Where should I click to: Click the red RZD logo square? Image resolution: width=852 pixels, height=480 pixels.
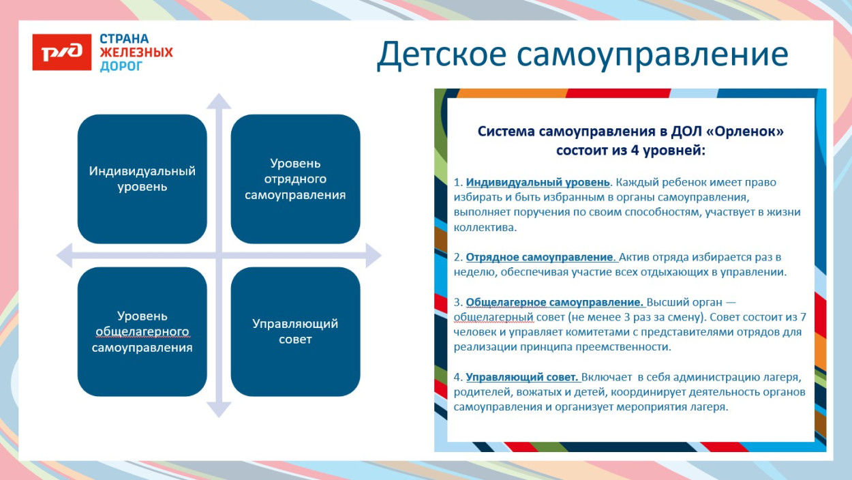coord(61,52)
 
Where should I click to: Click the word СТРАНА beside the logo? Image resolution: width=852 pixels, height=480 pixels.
coord(124,39)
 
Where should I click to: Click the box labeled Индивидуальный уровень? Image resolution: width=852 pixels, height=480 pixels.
coord(142,179)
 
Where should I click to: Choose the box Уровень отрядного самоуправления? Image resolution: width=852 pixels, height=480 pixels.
coord(295,179)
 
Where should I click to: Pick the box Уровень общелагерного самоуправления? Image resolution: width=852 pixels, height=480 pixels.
coord(142,331)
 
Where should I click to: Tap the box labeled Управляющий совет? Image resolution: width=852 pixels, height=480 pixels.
coord(295,331)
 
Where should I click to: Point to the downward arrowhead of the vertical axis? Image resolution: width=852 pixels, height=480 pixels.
coord(219,409)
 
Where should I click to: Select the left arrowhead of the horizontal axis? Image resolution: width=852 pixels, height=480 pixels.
coord(64,256)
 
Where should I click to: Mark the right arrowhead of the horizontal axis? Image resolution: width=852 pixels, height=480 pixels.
coord(372,256)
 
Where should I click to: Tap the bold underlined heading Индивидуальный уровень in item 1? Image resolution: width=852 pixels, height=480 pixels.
coord(538,183)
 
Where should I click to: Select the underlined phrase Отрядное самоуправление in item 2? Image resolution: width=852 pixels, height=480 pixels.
coord(540,257)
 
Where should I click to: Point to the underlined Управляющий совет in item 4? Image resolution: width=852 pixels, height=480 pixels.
coord(522,377)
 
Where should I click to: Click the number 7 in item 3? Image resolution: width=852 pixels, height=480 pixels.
coord(803,317)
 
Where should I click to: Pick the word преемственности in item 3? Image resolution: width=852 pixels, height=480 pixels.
coord(627,346)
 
